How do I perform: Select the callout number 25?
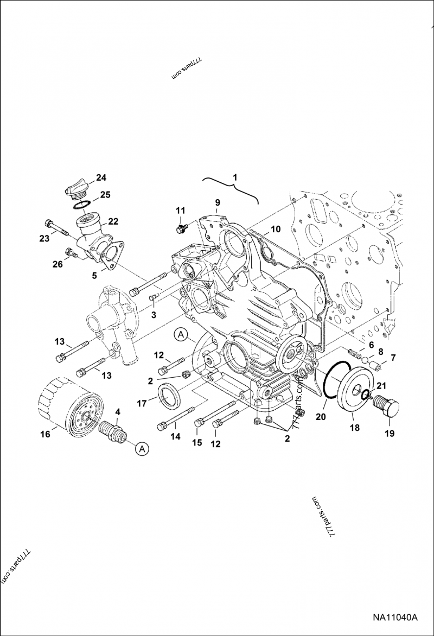pos(105,194)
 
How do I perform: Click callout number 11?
pos(180,210)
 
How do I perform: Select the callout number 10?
pos(276,229)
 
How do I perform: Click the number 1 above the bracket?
pos(234,177)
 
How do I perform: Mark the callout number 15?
pos(196,443)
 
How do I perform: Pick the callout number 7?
pos(394,358)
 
